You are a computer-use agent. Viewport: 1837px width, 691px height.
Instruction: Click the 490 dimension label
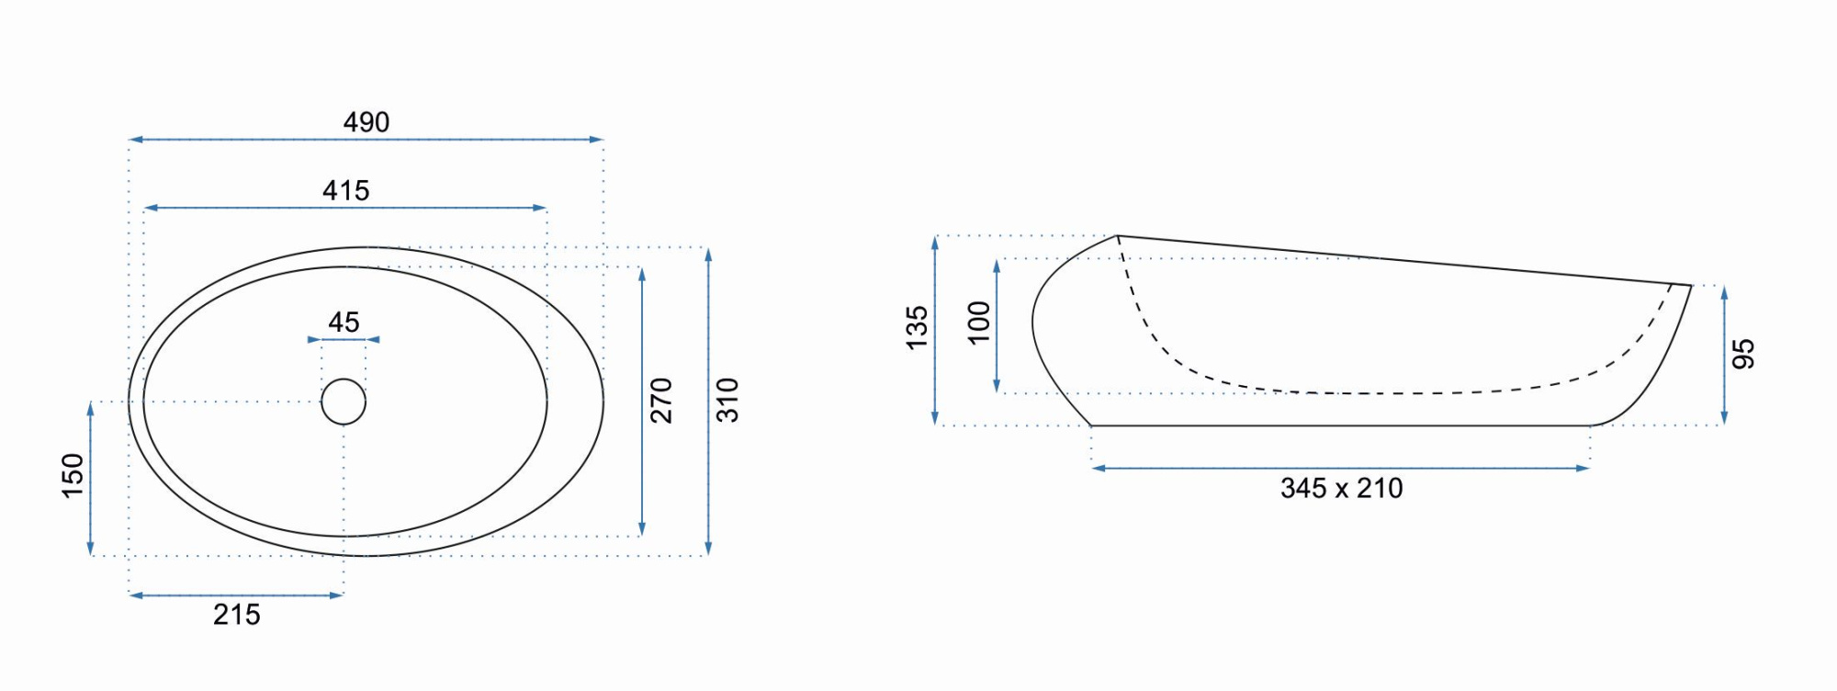[366, 122]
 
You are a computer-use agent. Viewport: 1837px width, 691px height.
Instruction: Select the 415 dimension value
[346, 190]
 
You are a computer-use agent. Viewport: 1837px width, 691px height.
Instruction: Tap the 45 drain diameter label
[344, 322]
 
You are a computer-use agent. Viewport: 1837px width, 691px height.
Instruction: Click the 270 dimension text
[661, 401]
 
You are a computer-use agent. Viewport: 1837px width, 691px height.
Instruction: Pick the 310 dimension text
[727, 401]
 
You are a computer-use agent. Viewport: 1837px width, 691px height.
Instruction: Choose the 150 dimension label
[73, 476]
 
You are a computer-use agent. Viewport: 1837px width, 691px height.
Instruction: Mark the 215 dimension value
[237, 615]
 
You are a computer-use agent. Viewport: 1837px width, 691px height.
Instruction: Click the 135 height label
[918, 328]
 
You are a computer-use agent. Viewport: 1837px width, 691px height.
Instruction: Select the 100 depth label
[979, 323]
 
